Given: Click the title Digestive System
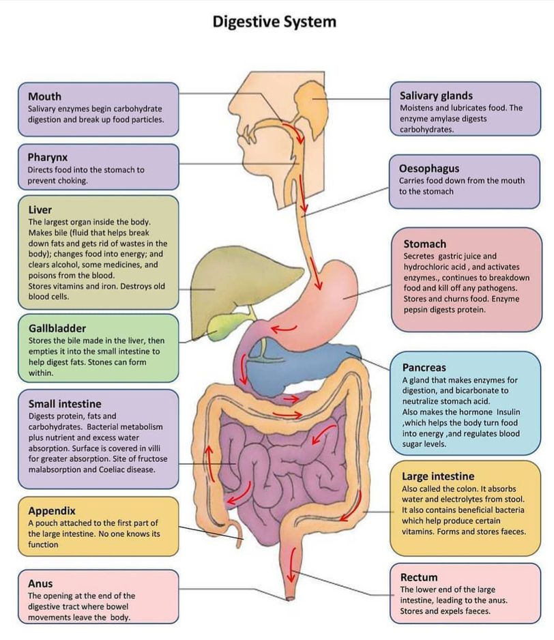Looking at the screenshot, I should tap(274, 22).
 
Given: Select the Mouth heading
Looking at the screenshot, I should tap(44, 96).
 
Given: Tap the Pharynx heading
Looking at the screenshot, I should tap(48, 157).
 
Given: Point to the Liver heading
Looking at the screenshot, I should tap(40, 209).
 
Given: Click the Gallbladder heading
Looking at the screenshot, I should tap(57, 328).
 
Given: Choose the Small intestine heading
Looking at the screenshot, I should tap(65, 403).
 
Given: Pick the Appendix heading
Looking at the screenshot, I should tap(52, 510).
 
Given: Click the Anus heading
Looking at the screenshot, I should tap(40, 583).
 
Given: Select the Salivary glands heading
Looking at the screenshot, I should tap(436, 96).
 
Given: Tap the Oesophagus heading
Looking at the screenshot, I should tap(429, 169).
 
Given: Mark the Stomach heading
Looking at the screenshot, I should tap(424, 244).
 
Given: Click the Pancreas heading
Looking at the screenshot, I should tap(424, 367).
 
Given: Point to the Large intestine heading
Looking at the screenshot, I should tap(438, 476).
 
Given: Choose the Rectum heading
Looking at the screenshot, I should tap(419, 577).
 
